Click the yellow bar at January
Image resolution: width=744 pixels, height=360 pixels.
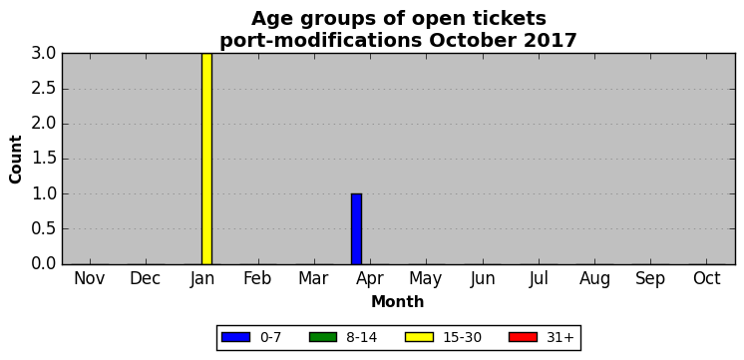[206, 159]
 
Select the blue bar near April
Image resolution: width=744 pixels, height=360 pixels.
[356, 229]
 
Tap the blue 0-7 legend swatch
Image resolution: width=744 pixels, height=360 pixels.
[235, 337]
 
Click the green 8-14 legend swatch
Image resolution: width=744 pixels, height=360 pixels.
[323, 337]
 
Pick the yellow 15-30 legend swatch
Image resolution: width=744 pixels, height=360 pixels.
[420, 337]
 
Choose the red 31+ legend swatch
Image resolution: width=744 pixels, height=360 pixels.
[523, 337]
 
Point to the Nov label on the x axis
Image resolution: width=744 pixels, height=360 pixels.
[89, 279]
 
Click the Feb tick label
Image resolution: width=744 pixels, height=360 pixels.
[257, 279]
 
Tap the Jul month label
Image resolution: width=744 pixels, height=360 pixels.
[539, 279]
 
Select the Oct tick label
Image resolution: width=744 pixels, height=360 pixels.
[707, 279]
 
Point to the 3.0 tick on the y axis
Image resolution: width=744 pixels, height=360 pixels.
[44, 53]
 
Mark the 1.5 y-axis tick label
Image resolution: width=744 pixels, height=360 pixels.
[44, 159]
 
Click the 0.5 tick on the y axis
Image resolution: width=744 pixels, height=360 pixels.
[44, 229]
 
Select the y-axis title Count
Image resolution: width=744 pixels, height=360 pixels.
[16, 160]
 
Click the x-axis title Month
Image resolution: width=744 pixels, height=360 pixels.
[398, 301]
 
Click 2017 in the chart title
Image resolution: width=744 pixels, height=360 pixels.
[551, 41]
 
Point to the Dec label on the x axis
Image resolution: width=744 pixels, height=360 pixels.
[146, 279]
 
